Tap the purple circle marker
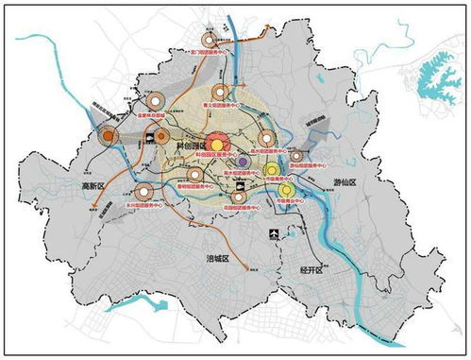pyautogui.click(x=243, y=163)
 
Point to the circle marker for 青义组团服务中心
pyautogui.click(x=220, y=93)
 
